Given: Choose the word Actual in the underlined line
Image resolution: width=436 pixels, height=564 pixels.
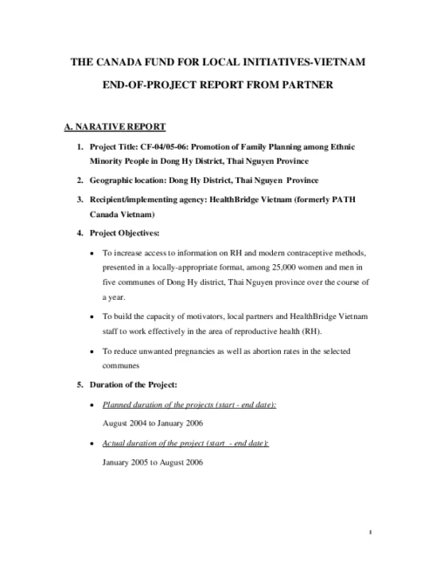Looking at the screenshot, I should pyautogui.click(x=115, y=443).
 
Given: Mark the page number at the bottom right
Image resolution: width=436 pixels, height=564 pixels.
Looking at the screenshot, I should pyautogui.click(x=371, y=532).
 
